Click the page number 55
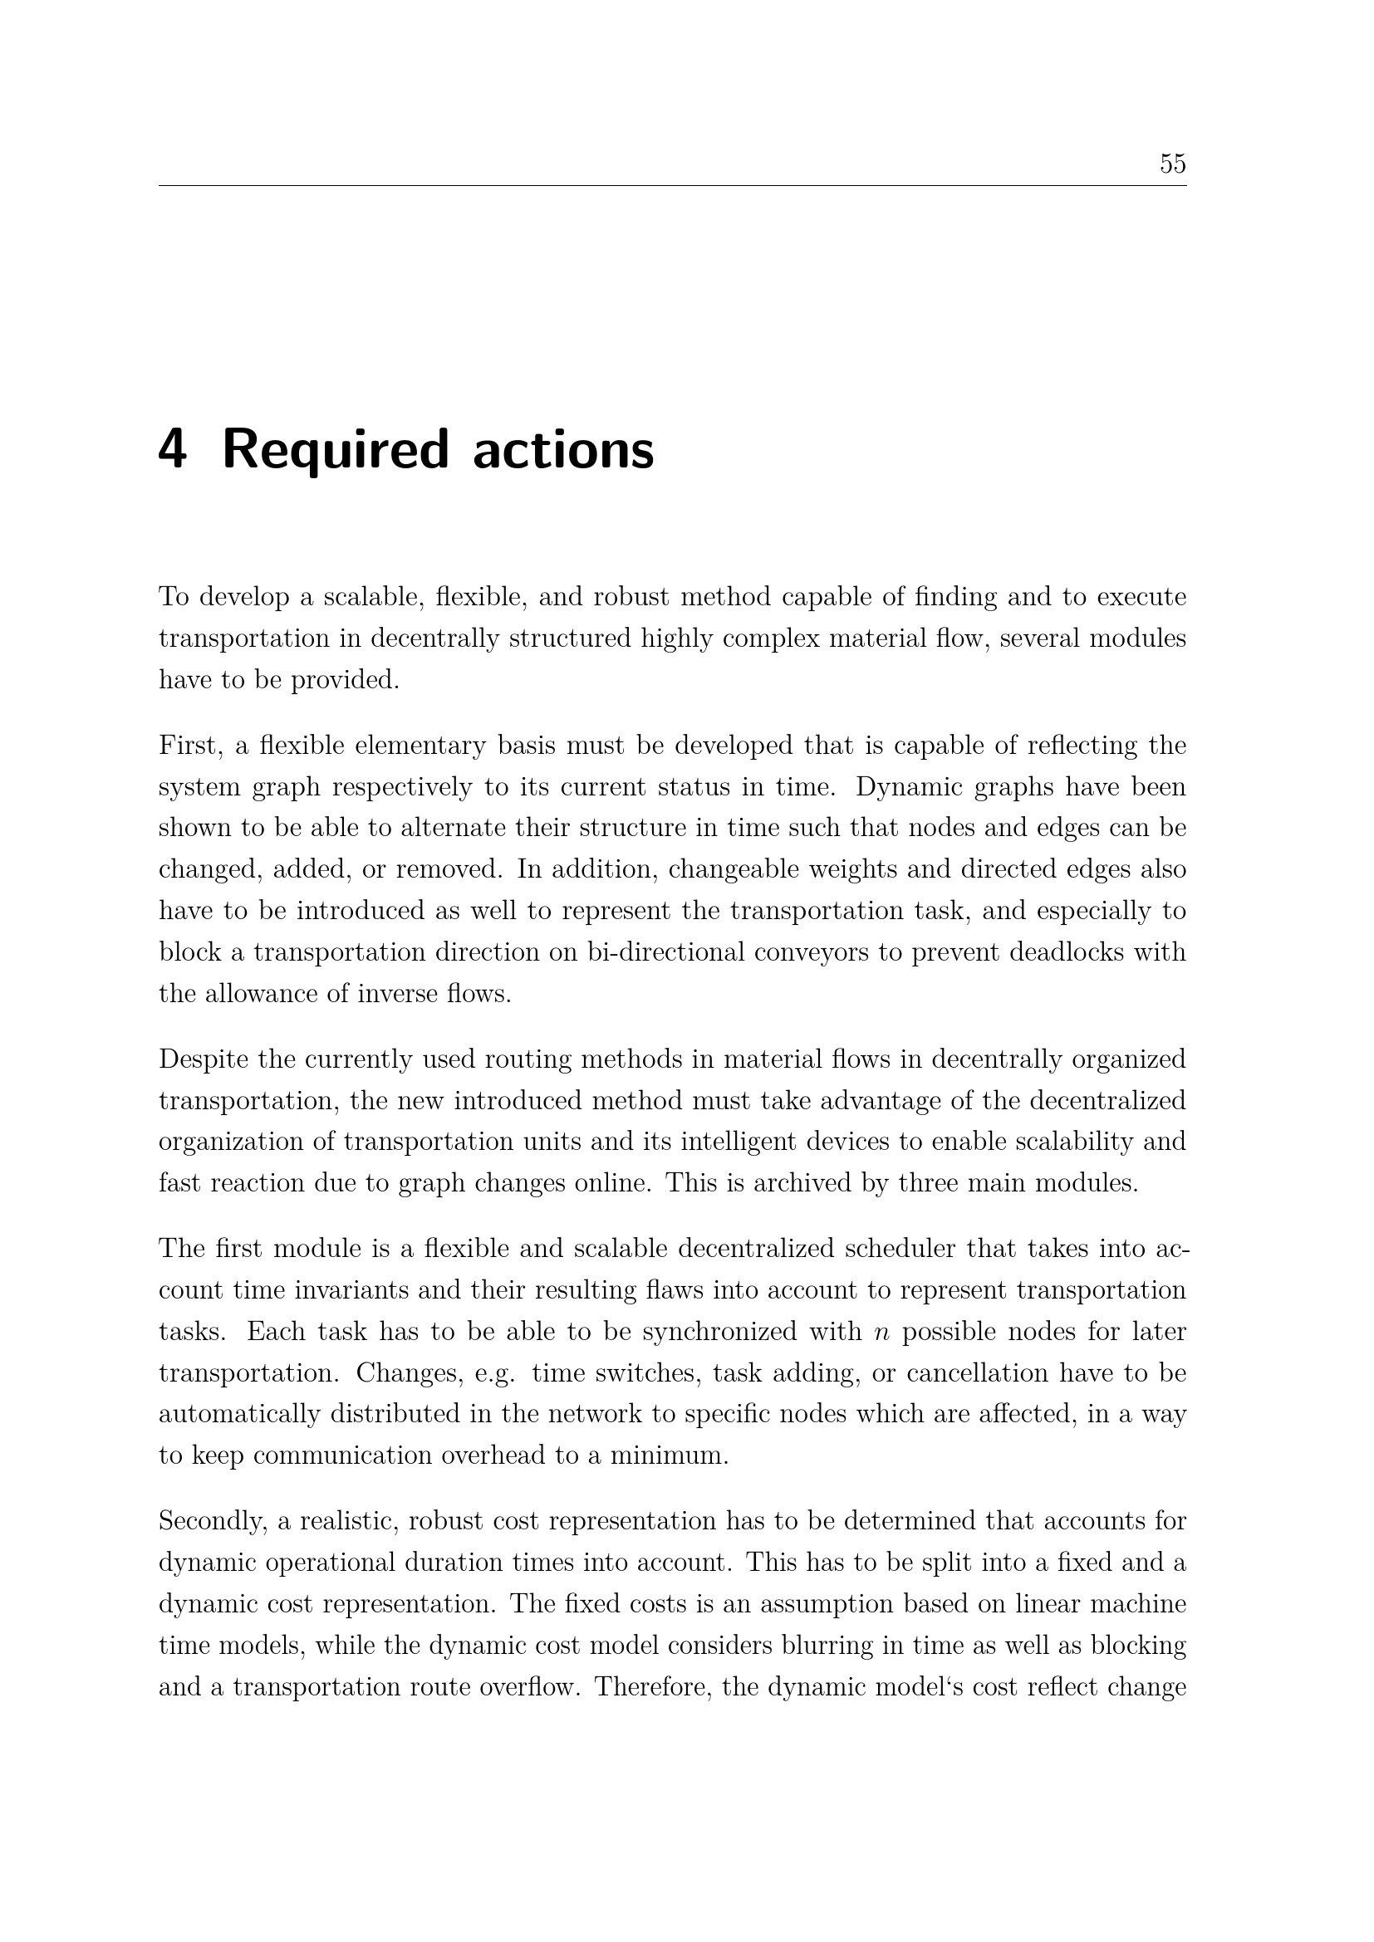click(1172, 164)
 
